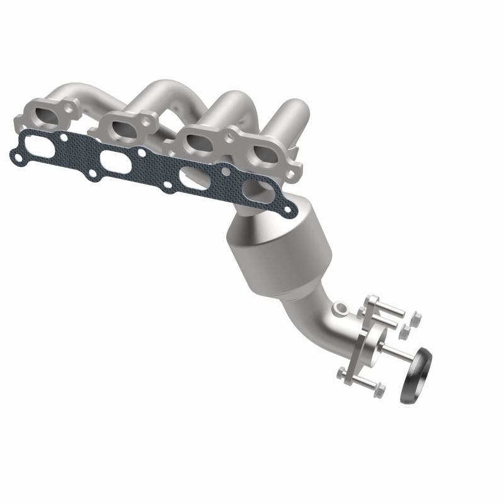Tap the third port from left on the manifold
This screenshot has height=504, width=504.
point(200,140)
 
